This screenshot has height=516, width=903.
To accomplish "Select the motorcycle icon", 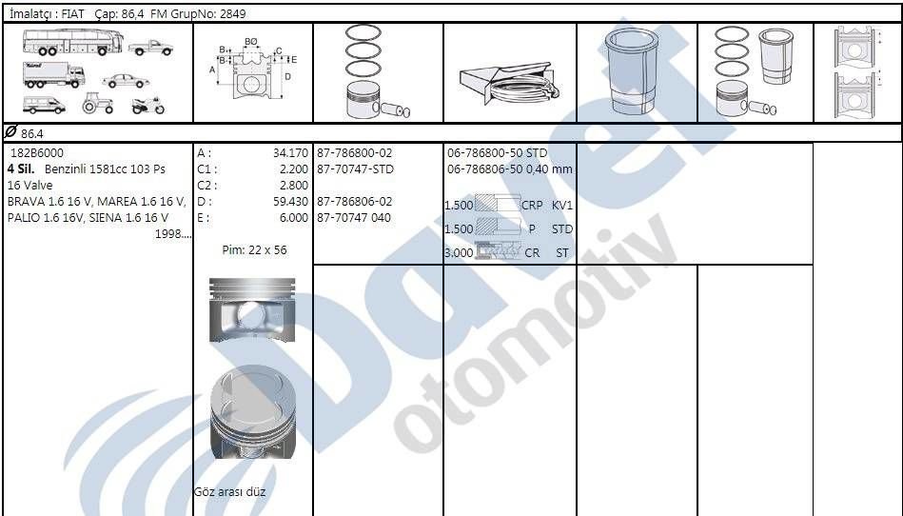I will (x=148, y=105).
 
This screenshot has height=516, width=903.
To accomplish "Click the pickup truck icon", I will (x=150, y=47).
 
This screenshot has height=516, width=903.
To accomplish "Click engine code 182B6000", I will (x=37, y=153).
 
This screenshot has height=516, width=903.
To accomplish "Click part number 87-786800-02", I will (x=354, y=153).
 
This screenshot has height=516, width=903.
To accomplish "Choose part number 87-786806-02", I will (x=354, y=202).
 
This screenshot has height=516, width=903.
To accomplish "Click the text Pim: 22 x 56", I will (x=254, y=250).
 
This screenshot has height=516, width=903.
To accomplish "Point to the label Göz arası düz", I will (x=229, y=492).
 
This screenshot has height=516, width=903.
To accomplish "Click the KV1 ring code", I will (x=562, y=205).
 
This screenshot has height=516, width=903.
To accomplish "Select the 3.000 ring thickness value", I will (x=459, y=253).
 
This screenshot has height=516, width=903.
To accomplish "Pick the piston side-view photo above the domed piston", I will (x=252, y=311).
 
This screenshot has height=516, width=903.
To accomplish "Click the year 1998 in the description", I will (x=171, y=234).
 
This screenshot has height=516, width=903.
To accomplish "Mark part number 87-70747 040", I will (x=354, y=218).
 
